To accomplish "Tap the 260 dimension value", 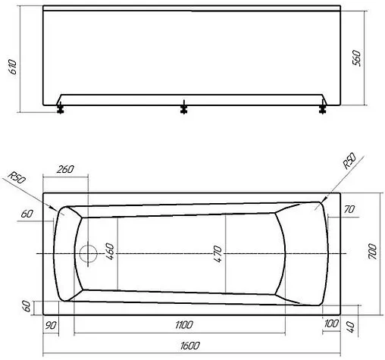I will [66, 170].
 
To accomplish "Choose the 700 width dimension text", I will [371, 251].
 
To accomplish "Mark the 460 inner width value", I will [109, 251].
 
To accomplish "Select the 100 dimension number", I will [330, 325].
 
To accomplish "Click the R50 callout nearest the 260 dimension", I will [16, 180].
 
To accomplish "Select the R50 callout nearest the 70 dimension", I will [349, 161].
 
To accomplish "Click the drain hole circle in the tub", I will [89, 252].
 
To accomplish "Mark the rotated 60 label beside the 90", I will [27, 307].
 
